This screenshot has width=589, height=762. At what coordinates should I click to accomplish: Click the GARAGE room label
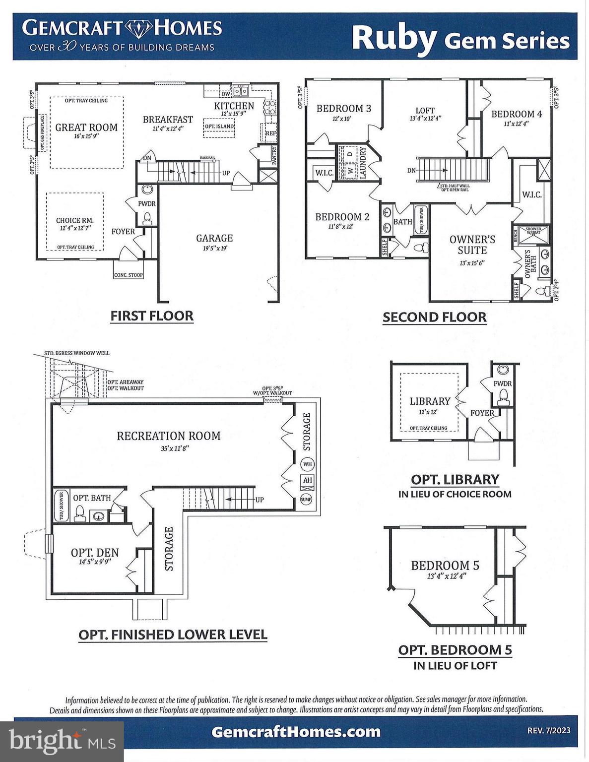[214, 239]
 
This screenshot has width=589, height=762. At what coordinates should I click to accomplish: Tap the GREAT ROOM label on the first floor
[86, 127]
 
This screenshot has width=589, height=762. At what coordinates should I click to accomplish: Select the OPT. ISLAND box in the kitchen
[219, 127]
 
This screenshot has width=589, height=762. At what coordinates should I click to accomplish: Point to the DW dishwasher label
[226, 94]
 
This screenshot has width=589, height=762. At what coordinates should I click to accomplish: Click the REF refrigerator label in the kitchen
[270, 133]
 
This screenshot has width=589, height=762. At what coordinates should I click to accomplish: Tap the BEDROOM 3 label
[343, 109]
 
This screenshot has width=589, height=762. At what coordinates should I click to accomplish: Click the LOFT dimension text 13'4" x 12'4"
[425, 119]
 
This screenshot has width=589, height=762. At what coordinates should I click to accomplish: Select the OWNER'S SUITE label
[472, 245]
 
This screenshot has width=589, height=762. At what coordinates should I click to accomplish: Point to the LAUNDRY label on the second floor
[363, 163]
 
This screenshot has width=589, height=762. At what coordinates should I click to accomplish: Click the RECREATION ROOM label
[169, 436]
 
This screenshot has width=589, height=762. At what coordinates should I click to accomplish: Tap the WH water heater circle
[307, 464]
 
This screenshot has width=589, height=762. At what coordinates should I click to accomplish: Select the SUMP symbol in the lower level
[306, 500]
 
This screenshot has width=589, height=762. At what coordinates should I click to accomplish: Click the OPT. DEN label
[95, 553]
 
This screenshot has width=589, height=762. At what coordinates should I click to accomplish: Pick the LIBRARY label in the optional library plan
[430, 401]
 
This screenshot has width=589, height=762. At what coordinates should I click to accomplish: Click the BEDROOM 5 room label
[445, 566]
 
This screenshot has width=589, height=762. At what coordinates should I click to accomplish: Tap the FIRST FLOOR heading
[152, 316]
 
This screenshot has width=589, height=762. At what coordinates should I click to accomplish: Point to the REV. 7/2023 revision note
[548, 731]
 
